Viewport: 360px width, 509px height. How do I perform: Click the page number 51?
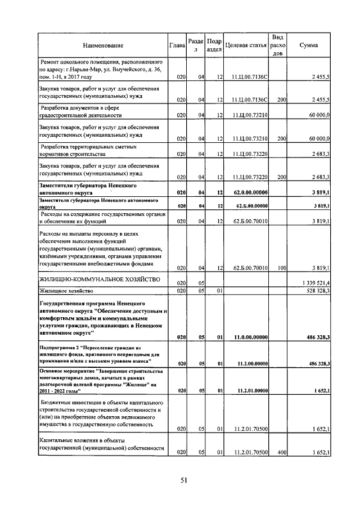pos(183,480)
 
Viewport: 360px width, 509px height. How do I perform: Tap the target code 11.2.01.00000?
pos(248,389)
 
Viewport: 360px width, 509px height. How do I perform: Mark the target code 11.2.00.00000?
pos(248,363)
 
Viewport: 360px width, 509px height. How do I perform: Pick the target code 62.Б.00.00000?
pos(248,206)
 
